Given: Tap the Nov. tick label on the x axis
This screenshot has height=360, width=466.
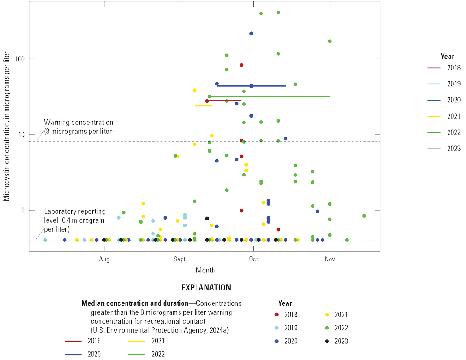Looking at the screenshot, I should click(x=330, y=259).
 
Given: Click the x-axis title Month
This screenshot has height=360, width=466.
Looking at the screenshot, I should click(x=205, y=270).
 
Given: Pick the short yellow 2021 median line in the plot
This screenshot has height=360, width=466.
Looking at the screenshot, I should click(x=203, y=106).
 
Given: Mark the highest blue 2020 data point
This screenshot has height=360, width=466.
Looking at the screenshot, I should click(x=251, y=34).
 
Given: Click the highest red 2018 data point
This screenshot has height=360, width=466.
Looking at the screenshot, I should click(x=241, y=65).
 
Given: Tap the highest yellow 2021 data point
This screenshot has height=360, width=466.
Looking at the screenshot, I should click(x=195, y=90).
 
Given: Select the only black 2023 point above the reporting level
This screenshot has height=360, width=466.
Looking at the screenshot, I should click(x=207, y=219).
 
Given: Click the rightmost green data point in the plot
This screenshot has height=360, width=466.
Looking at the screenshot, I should click(x=364, y=216).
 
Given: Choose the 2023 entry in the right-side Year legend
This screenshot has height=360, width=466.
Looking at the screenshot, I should click(x=453, y=149).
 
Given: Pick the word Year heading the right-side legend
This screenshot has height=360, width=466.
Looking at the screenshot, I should click(x=447, y=57).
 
